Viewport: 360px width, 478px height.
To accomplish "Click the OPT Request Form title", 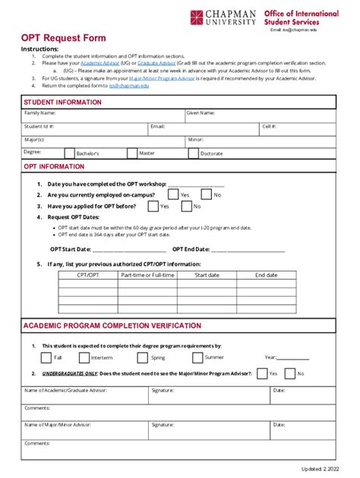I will [x=63, y=38].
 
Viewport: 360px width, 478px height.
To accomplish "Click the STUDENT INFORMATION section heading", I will [x=62, y=101].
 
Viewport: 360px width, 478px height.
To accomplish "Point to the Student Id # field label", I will [x=39, y=126].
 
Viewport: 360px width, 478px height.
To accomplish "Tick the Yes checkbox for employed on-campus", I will [x=172, y=195].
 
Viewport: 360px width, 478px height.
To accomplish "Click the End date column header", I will [x=266, y=275].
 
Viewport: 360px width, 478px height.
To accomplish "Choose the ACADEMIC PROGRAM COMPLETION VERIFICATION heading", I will [x=112, y=325].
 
